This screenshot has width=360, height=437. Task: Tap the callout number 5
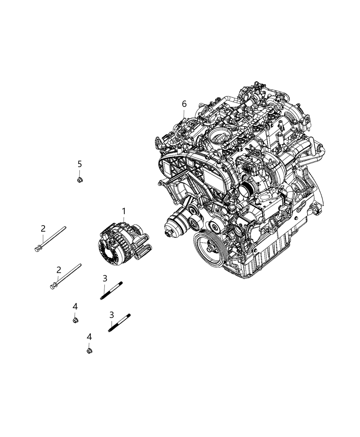pos(80,164)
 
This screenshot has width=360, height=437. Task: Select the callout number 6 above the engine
pos(184,104)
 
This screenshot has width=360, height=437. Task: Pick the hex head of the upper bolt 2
pos(37,247)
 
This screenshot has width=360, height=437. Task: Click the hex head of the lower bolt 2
pos(53,285)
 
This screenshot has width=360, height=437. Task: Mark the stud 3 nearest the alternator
pos(112,290)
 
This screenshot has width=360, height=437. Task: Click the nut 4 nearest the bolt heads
pos(75,320)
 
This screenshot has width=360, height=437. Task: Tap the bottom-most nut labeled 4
pos(89,351)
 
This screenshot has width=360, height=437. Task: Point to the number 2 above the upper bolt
pos(43,228)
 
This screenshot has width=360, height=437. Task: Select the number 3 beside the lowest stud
pos(111,314)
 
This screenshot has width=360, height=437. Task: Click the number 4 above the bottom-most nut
pos(89,337)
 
